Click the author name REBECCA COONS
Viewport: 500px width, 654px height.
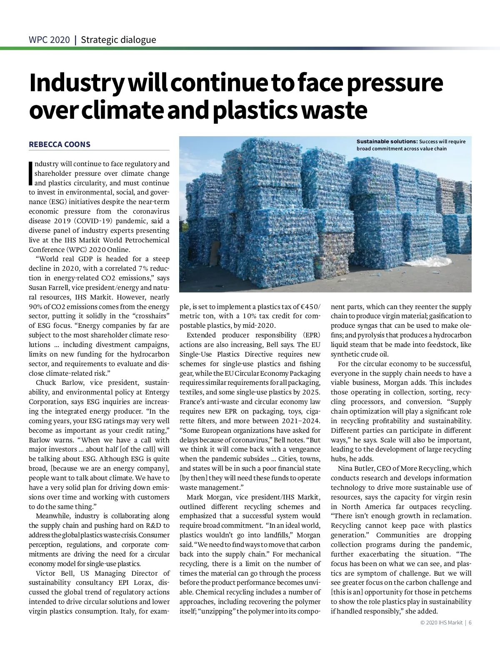point(60,145)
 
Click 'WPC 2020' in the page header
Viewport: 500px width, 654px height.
point(49,40)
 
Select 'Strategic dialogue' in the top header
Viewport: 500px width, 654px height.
point(118,40)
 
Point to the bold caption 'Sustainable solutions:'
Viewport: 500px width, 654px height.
point(387,142)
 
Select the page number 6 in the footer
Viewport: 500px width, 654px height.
point(470,623)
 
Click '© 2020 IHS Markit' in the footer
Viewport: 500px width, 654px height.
point(439,623)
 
